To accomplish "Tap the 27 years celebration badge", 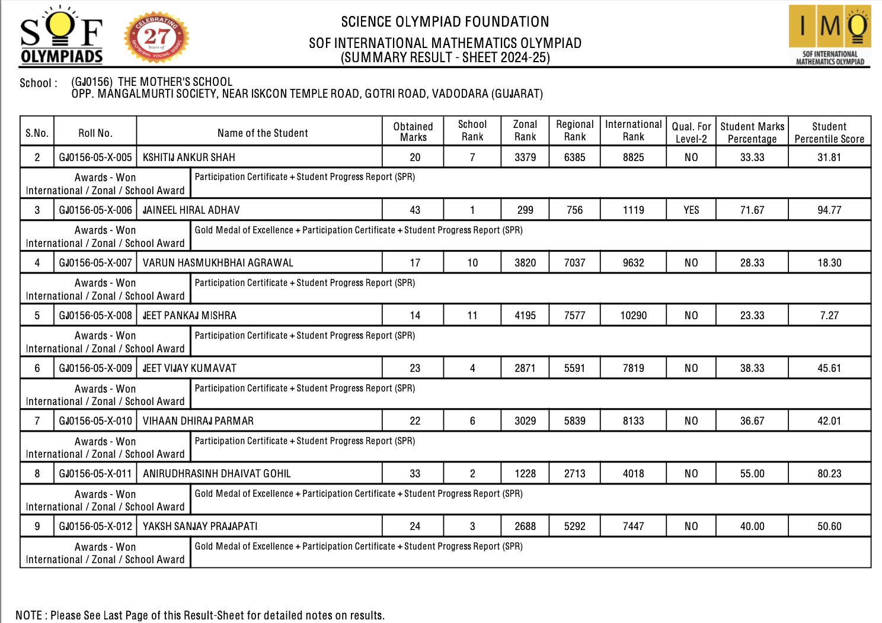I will (x=156, y=38).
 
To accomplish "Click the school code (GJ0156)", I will (x=92, y=82).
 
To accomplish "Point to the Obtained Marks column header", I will (x=413, y=131).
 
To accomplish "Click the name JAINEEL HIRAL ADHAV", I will (x=191, y=210).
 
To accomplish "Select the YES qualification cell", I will (x=691, y=210).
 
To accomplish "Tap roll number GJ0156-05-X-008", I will (x=95, y=316).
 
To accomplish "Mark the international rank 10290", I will (x=633, y=316).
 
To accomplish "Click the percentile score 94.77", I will (x=829, y=210).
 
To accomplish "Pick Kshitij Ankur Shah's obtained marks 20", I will (x=415, y=158).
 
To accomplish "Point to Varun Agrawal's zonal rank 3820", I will (x=525, y=263).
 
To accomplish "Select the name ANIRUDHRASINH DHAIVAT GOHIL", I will (x=217, y=474).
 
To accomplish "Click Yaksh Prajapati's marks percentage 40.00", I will (x=752, y=526).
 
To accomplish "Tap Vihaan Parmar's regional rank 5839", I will (x=574, y=421).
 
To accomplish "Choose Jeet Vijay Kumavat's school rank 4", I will (x=472, y=368).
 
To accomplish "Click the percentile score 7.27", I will (x=829, y=316).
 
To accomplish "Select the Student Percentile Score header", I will (x=829, y=133).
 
